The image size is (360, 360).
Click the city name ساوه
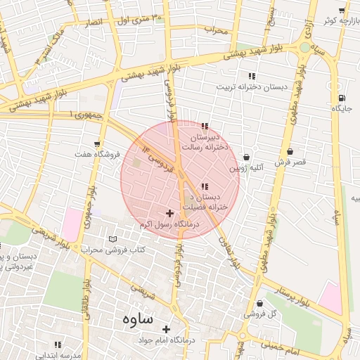(137, 319)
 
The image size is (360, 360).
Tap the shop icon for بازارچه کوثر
(342, 11)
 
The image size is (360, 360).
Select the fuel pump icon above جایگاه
(342, 98)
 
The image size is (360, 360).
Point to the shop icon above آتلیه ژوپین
(247, 157)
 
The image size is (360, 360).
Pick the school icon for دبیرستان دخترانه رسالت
(205, 126)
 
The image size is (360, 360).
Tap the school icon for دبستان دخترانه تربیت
(251, 76)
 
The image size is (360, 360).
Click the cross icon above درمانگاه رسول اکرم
(169, 212)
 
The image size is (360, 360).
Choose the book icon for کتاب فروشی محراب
(113, 239)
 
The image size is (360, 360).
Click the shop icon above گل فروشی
(260, 304)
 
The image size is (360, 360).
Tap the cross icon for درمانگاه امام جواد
(167, 329)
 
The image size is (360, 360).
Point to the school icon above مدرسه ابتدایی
(58, 345)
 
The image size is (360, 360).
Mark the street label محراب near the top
(217, 30)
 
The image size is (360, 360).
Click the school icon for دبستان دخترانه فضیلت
(205, 186)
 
